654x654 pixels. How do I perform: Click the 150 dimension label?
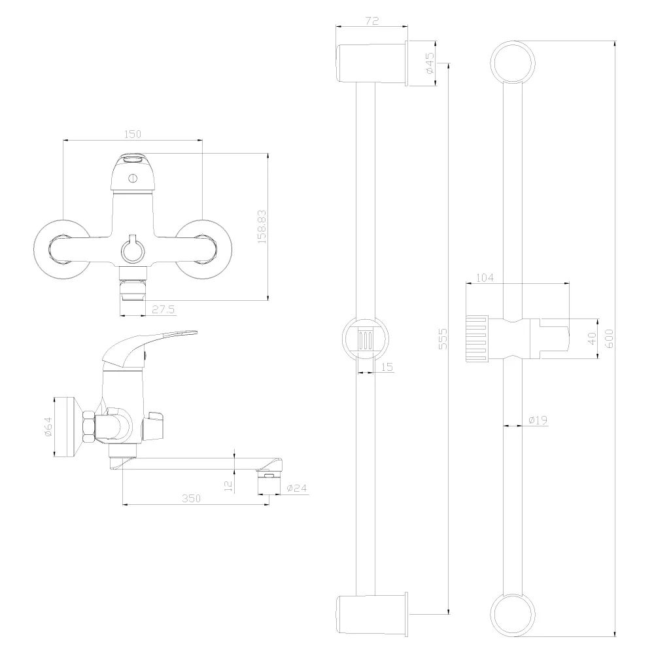133,134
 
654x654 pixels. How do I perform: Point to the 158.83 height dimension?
262,227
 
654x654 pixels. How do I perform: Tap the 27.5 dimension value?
163,309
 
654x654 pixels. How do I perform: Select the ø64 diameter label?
48,426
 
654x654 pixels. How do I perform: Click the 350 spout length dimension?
191,498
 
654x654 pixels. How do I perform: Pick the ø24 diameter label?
297,488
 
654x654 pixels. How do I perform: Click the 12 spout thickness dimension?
228,486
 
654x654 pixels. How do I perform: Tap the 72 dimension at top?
371,21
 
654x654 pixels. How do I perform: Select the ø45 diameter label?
430,63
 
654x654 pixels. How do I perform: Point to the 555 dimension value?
443,339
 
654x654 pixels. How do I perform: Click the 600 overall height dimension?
608,339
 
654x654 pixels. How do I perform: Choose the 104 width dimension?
485,277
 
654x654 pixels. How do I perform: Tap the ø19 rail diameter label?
538,420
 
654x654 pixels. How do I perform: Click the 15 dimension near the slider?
387,367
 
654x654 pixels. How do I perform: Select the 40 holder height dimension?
592,339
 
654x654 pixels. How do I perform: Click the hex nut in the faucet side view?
89,426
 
